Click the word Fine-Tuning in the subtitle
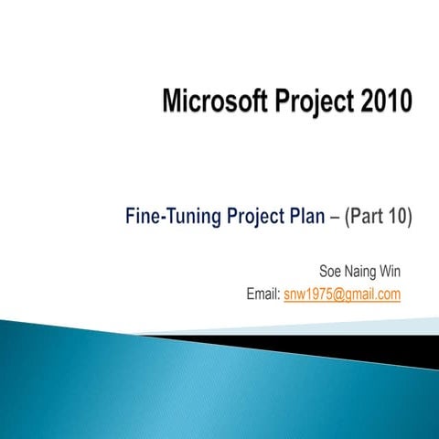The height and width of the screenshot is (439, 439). click(173, 217)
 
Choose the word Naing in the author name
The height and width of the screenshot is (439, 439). click(361, 272)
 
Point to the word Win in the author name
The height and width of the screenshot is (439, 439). click(391, 272)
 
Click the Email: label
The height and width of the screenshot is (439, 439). click(263, 294)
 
